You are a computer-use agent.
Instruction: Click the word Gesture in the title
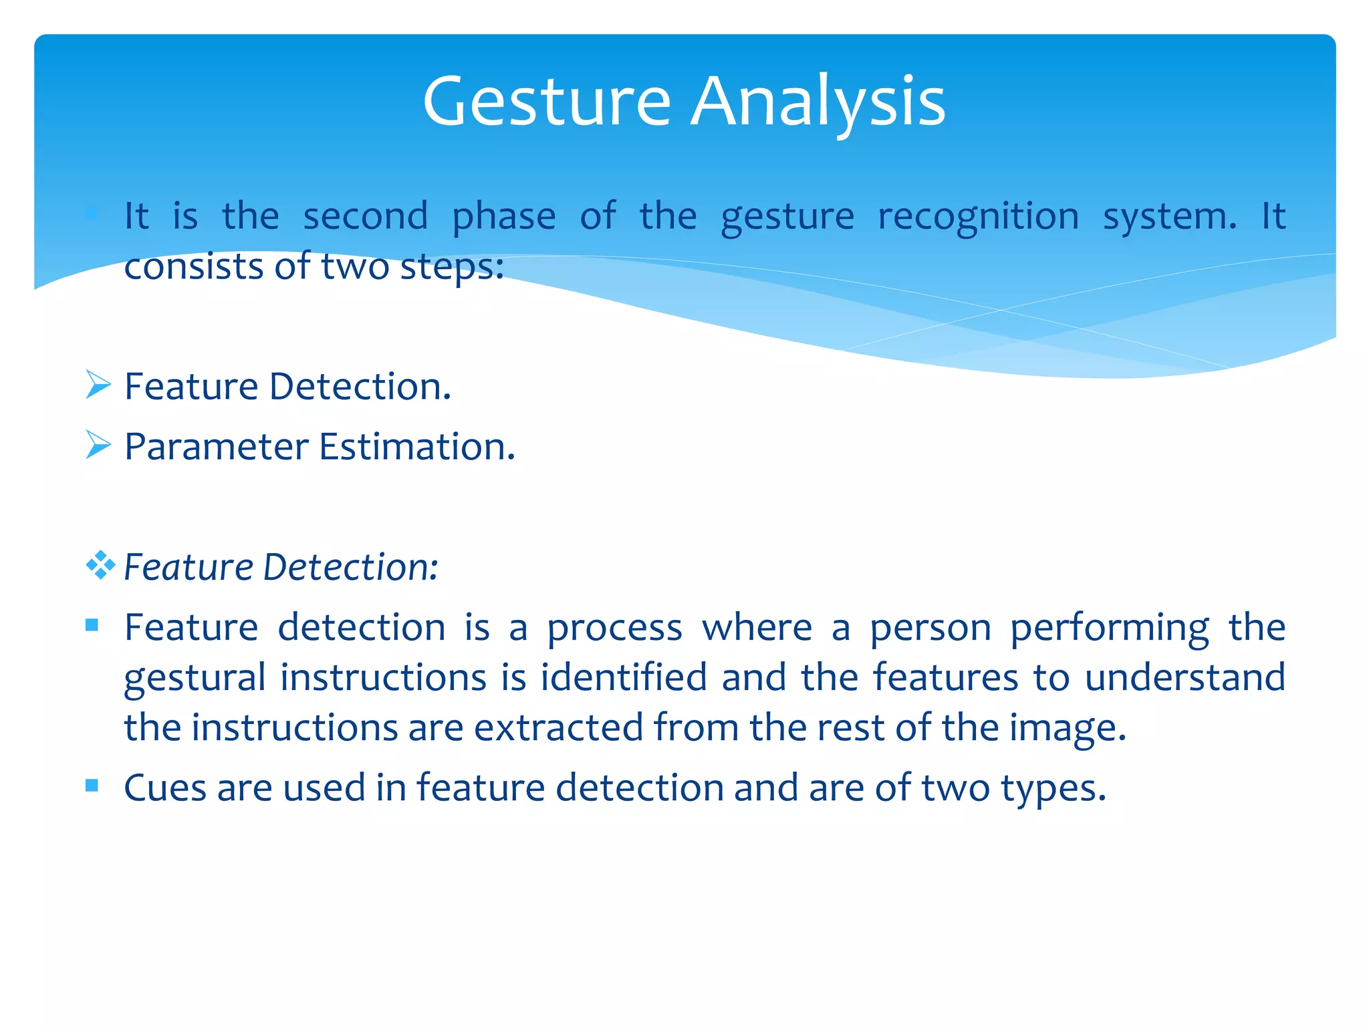(x=546, y=102)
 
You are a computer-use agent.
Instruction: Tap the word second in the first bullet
(x=365, y=216)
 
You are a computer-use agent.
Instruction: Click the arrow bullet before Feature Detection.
(x=98, y=385)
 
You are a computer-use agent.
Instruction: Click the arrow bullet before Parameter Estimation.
(x=98, y=446)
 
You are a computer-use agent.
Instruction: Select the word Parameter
(x=217, y=447)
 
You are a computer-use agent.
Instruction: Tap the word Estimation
(x=416, y=447)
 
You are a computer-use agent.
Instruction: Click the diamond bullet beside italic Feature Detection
(x=100, y=566)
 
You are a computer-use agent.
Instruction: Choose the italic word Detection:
(x=350, y=567)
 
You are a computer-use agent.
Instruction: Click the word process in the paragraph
(x=614, y=629)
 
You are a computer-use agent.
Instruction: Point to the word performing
(x=1109, y=629)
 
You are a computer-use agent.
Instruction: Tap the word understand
(x=1185, y=677)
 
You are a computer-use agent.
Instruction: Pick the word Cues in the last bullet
(x=164, y=788)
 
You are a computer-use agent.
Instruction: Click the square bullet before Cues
(x=92, y=786)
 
